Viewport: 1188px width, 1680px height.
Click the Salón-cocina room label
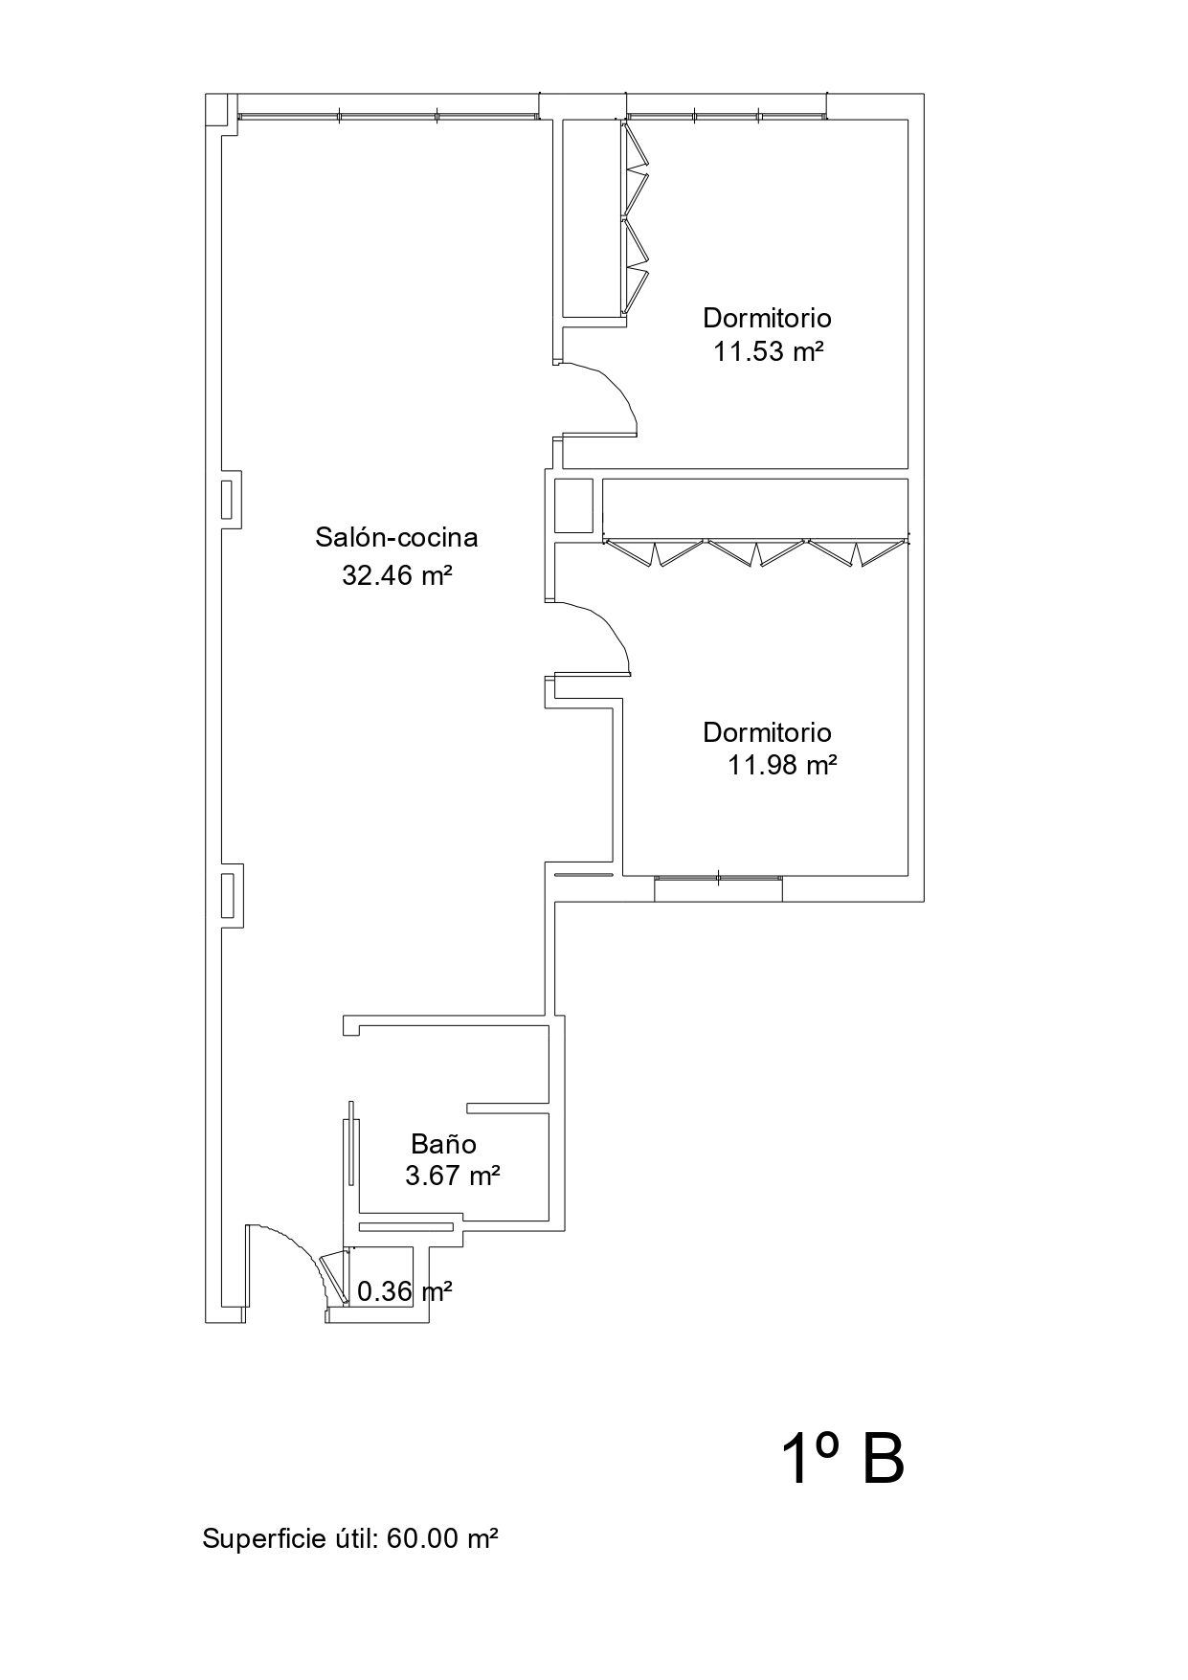[x=396, y=538]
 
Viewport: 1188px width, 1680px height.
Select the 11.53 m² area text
[x=769, y=351]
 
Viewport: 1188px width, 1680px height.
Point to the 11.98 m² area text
[x=783, y=765]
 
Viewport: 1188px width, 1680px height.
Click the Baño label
[x=444, y=1143]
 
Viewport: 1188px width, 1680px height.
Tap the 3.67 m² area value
[x=453, y=1176]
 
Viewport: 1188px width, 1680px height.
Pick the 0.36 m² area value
[x=404, y=1292]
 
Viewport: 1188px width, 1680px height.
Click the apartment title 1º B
[x=842, y=1461]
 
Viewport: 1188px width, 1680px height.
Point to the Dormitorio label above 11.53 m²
[x=768, y=318]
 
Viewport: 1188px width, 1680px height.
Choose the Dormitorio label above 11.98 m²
[x=768, y=733]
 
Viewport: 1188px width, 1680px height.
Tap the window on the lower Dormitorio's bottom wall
[x=718, y=887]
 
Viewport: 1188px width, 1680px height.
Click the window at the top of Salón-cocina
[x=388, y=116]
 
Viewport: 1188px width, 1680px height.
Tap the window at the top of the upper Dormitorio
[x=726, y=116]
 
